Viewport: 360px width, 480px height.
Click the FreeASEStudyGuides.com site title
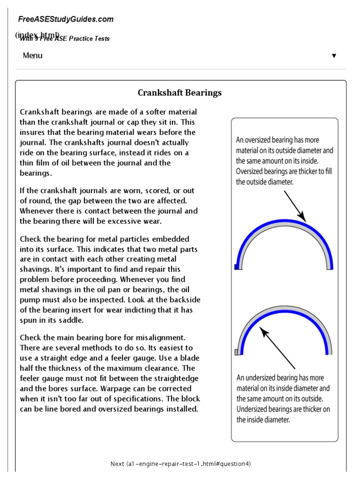coord(66,19)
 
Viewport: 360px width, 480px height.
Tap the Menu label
coord(32,55)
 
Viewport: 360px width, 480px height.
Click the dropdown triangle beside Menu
coord(334,56)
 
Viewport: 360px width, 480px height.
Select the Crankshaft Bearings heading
coord(180,93)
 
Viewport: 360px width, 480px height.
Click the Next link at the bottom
coord(180,464)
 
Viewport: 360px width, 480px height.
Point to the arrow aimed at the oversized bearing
coord(294,206)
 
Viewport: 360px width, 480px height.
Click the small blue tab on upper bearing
coord(236,267)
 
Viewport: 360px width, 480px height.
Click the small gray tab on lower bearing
coord(236,352)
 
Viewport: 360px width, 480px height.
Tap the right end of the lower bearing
coord(330,352)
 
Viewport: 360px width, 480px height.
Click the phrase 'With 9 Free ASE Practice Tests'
coord(65,38)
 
